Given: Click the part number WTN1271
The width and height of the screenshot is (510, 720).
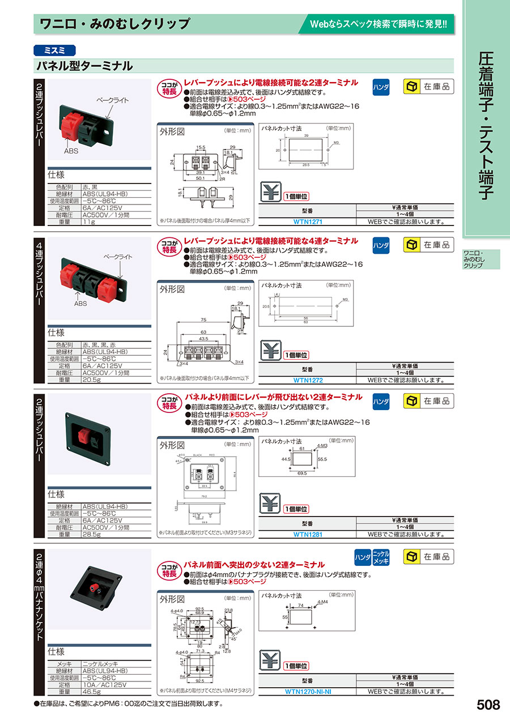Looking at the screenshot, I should coord(308,222).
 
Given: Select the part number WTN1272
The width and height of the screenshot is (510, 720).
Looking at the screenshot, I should coord(308,380).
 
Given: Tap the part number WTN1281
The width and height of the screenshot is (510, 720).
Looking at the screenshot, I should coord(308,534).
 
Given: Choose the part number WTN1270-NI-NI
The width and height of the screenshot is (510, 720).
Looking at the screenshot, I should coord(308,691).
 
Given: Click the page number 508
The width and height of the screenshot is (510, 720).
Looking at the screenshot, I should coord(488,705).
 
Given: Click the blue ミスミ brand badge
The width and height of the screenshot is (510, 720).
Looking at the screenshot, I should coord(54,49).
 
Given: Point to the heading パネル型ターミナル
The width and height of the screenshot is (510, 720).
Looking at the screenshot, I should coord(85,66).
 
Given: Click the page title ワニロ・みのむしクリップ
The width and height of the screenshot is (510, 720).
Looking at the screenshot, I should coord(114,24).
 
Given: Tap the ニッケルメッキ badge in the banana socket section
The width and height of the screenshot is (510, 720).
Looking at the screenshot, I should coord(381,557).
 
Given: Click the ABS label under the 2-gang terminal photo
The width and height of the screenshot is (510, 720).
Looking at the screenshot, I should coord(71,152).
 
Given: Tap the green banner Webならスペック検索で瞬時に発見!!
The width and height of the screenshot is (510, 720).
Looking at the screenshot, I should coord(379,24).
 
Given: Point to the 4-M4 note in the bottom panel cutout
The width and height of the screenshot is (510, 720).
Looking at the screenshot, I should coord(324,602).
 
